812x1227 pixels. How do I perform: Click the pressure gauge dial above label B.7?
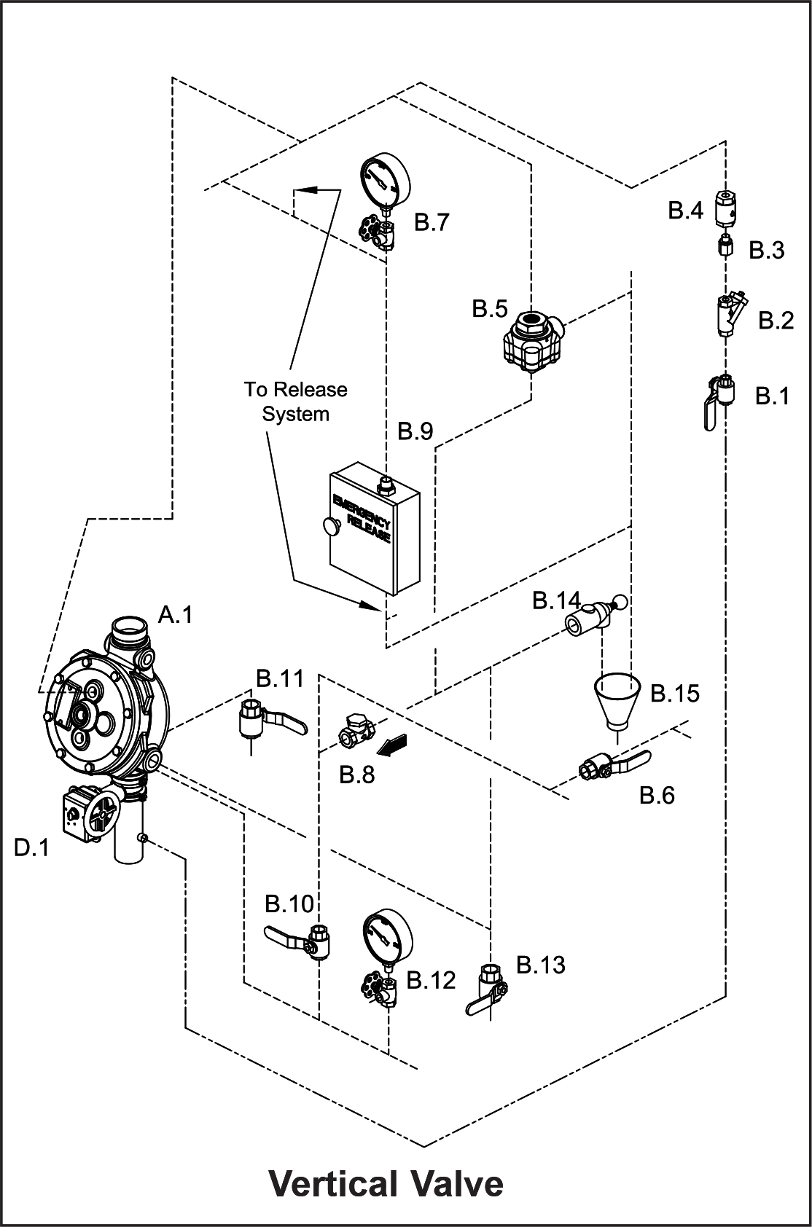pos(385,179)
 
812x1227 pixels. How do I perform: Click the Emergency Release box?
pos(375,528)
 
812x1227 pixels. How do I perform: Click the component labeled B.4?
pos(725,208)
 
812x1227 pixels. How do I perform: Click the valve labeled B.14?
pos(595,617)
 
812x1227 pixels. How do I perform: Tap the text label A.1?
pos(176,615)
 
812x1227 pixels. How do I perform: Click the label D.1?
pos(31,848)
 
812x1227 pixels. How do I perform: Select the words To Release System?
pos(296,401)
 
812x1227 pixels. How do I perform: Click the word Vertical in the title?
pos(333,1184)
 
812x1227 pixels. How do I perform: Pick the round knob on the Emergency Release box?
pos(332,526)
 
